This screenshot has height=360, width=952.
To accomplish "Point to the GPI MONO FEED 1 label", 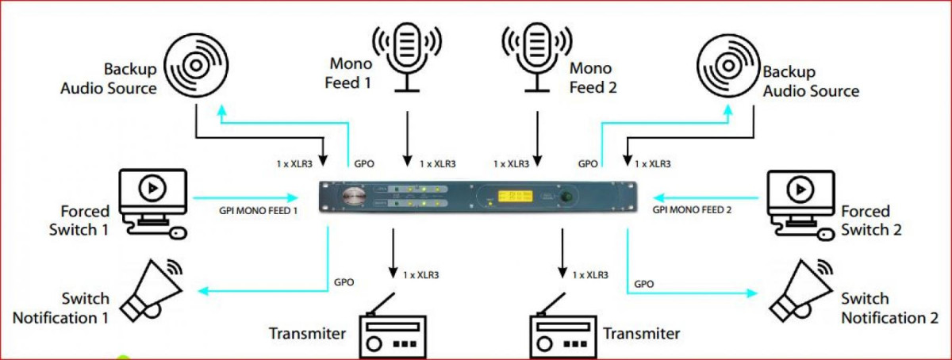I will (258, 212).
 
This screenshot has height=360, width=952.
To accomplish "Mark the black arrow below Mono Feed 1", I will (408, 135).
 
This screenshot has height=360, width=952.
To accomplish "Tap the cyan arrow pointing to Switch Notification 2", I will (690, 292).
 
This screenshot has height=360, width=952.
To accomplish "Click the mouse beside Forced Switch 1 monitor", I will (178, 232).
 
